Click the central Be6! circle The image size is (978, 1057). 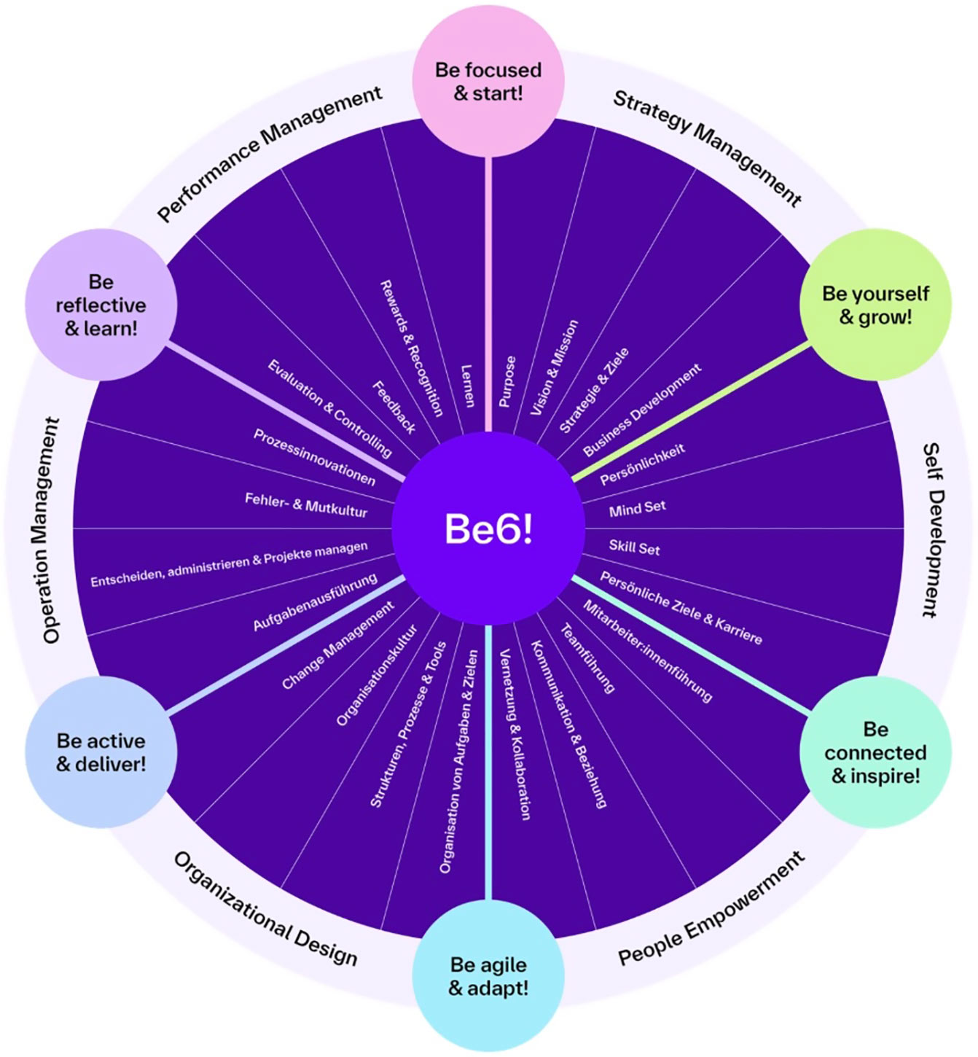488,528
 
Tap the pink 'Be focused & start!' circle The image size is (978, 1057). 488,81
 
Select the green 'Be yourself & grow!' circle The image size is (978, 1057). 875,305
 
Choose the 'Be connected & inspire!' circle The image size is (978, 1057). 875,752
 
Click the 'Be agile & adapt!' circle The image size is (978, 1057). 488,976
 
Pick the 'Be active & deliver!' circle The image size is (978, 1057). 101,752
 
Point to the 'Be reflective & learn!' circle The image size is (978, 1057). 101,305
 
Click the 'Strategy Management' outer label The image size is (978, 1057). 707,148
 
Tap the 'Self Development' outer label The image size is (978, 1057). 934,530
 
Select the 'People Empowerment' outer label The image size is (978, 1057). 711,908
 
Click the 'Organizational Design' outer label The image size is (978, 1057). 266,908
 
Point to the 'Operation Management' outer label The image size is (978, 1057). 50,530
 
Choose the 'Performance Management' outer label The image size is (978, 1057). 270,154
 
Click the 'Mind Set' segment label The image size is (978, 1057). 637,508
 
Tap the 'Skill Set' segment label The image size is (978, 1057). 634,547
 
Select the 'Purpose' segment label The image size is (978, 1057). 507,381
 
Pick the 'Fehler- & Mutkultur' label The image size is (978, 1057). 306,505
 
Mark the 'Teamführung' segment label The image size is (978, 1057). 587,658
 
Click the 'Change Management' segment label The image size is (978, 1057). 337,645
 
